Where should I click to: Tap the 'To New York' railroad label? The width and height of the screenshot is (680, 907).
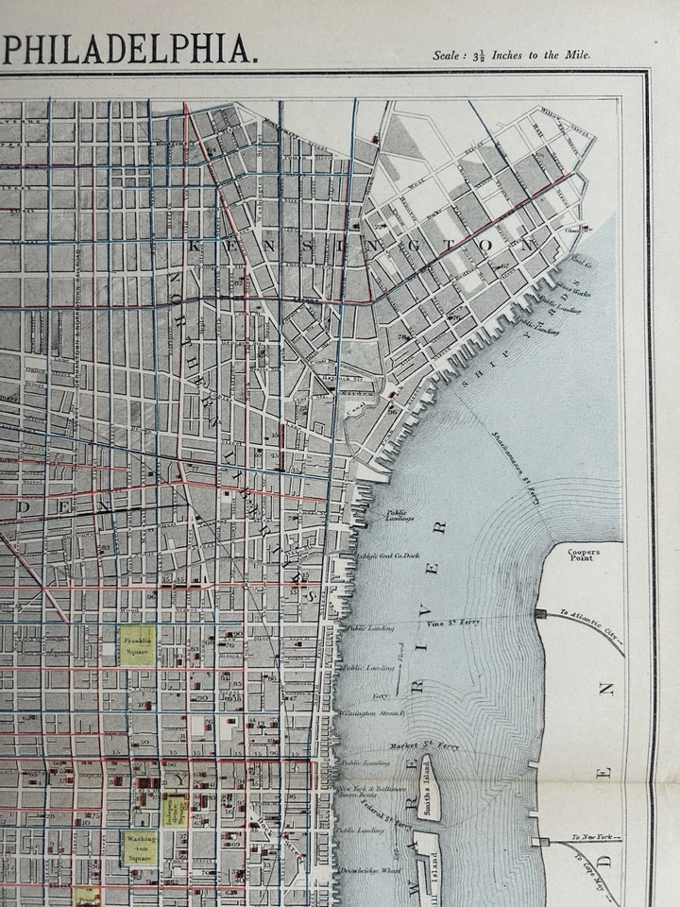pos(594,837)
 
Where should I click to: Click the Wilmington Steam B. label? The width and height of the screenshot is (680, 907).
pos(374,713)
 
